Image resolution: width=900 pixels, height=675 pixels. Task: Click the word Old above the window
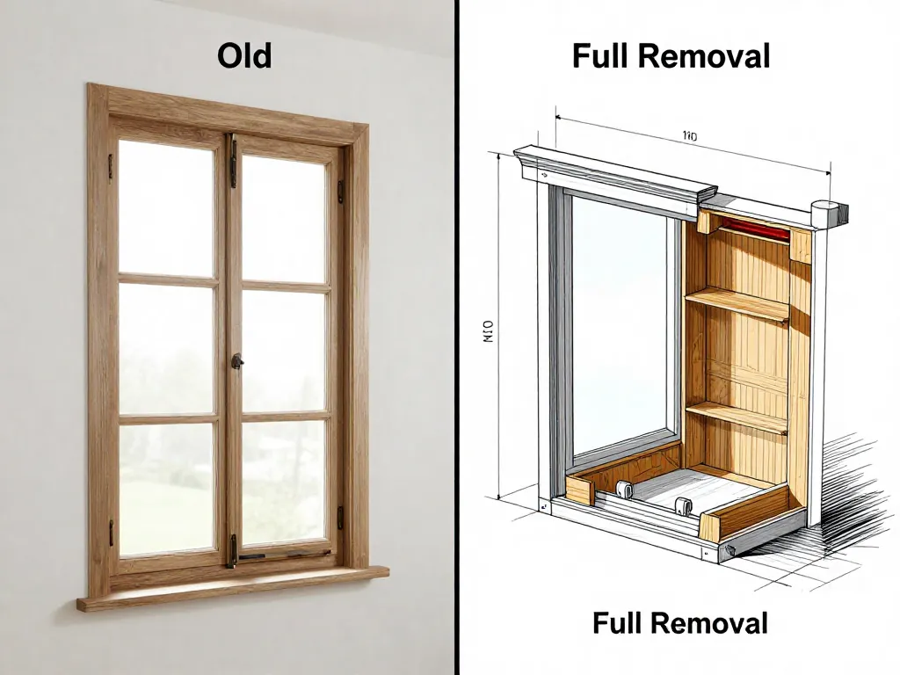244,56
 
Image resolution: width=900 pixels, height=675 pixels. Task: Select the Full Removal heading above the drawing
671,56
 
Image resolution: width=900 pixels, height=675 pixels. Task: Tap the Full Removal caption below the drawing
679,623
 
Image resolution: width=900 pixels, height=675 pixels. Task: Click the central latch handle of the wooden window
236,361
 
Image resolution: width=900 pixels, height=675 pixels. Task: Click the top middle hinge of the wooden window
233,161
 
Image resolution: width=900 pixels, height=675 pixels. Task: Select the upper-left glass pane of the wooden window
167,207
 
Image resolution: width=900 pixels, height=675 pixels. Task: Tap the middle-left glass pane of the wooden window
167,349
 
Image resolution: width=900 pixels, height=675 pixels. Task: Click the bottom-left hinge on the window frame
112,531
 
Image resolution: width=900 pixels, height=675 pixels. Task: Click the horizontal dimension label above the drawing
689,136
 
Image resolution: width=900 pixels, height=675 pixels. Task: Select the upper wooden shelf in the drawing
737,301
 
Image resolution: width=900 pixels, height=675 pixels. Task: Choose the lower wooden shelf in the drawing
737,414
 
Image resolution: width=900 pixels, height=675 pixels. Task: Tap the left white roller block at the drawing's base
626,490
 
